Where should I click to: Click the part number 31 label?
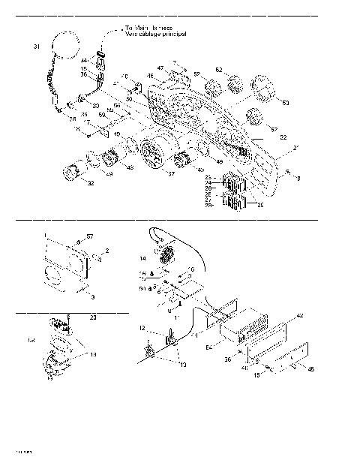point(36,47)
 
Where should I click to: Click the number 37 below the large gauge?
point(171,173)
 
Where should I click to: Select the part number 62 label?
point(219,70)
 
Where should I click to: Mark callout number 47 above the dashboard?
point(160,68)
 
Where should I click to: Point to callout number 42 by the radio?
point(301,316)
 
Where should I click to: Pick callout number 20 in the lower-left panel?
point(93,317)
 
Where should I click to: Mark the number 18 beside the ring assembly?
point(93,353)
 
